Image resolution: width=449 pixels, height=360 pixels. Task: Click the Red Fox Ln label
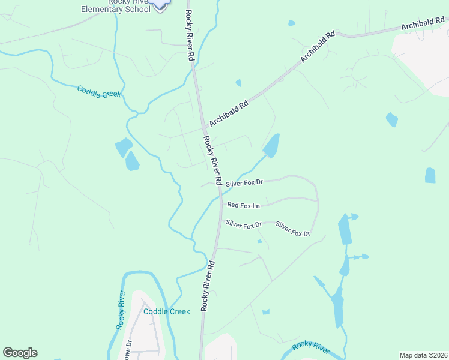(x=243, y=206)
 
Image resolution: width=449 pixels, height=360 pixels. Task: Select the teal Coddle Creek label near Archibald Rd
(x=99, y=92)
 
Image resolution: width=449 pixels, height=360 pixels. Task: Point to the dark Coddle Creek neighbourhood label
(x=166, y=311)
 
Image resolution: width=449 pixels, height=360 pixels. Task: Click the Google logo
(x=20, y=353)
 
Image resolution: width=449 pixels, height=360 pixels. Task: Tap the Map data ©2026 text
(x=423, y=355)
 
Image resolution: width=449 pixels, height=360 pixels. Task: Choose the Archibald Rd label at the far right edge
(x=424, y=24)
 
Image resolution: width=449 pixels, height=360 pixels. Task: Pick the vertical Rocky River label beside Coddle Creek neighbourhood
(x=121, y=311)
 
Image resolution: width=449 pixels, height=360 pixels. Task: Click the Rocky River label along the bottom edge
(x=310, y=347)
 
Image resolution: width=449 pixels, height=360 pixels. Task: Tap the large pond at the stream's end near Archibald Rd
(x=271, y=146)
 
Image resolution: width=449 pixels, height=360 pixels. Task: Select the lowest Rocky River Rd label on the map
(x=208, y=286)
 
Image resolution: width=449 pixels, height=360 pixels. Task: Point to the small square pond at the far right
(x=430, y=175)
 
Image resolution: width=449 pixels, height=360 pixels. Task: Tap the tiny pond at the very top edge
(x=291, y=23)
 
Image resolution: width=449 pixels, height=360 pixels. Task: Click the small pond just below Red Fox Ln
(x=259, y=241)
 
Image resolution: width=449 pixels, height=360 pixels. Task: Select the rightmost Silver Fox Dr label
(x=292, y=229)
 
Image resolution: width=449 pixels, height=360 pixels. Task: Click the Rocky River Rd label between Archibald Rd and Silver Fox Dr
(x=213, y=160)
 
